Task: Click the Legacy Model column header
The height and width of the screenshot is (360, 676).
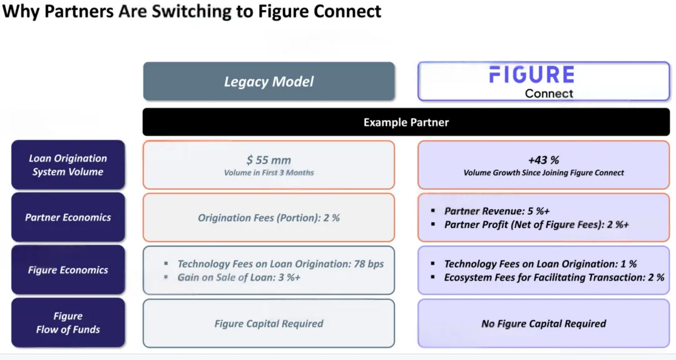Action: coord(269,81)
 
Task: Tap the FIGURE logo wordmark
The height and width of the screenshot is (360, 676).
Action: coord(532,75)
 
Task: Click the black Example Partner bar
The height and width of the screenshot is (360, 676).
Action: coord(406,122)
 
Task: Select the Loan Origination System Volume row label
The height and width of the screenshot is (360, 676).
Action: coord(68,165)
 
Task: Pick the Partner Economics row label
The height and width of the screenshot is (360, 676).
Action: coord(68,217)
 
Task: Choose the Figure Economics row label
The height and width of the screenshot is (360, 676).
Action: coord(68,270)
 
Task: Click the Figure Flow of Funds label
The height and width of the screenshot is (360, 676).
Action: coord(68,322)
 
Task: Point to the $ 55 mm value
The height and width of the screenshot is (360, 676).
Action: coord(269,160)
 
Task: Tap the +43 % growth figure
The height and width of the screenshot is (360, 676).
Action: coord(544,160)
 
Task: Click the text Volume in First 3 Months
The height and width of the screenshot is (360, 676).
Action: coord(269,172)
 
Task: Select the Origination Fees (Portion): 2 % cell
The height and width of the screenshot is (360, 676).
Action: coord(269,217)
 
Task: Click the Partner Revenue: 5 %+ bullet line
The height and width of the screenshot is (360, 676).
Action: coord(496,211)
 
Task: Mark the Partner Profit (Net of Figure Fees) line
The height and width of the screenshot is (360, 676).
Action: coord(536,225)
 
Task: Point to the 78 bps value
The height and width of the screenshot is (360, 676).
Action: coord(369,264)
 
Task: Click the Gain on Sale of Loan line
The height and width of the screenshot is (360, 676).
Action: coord(239,277)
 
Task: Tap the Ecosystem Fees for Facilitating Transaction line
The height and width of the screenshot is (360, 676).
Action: coord(554,277)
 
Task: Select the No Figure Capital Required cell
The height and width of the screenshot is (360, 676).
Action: coord(544,323)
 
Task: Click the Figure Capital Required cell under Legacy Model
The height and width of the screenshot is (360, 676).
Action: coord(269,323)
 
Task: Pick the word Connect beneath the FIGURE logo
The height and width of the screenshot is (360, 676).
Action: coord(549,93)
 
